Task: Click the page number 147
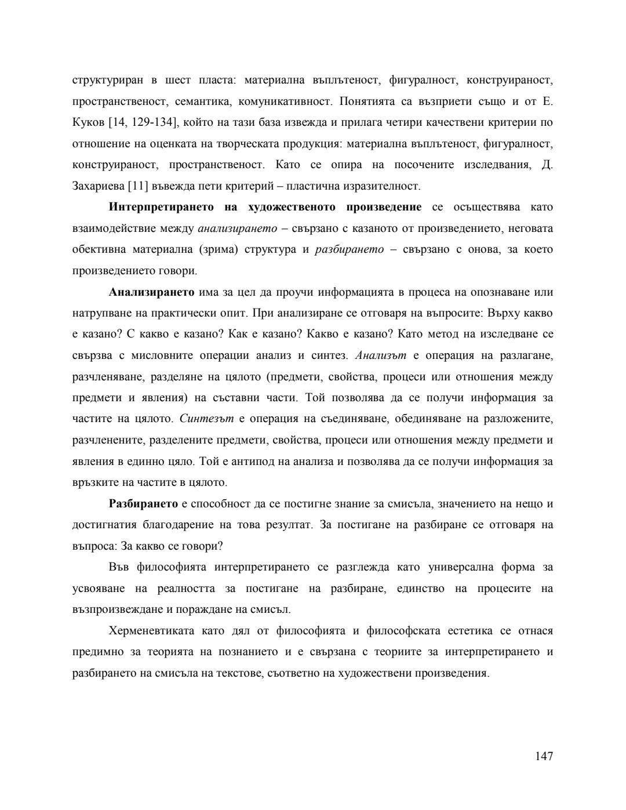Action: click(x=544, y=755)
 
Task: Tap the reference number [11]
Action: click(x=138, y=186)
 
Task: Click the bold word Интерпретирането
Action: click(x=152, y=208)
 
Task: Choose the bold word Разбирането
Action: click(x=143, y=504)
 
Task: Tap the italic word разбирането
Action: click(x=349, y=250)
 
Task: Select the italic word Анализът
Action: click(x=380, y=355)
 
